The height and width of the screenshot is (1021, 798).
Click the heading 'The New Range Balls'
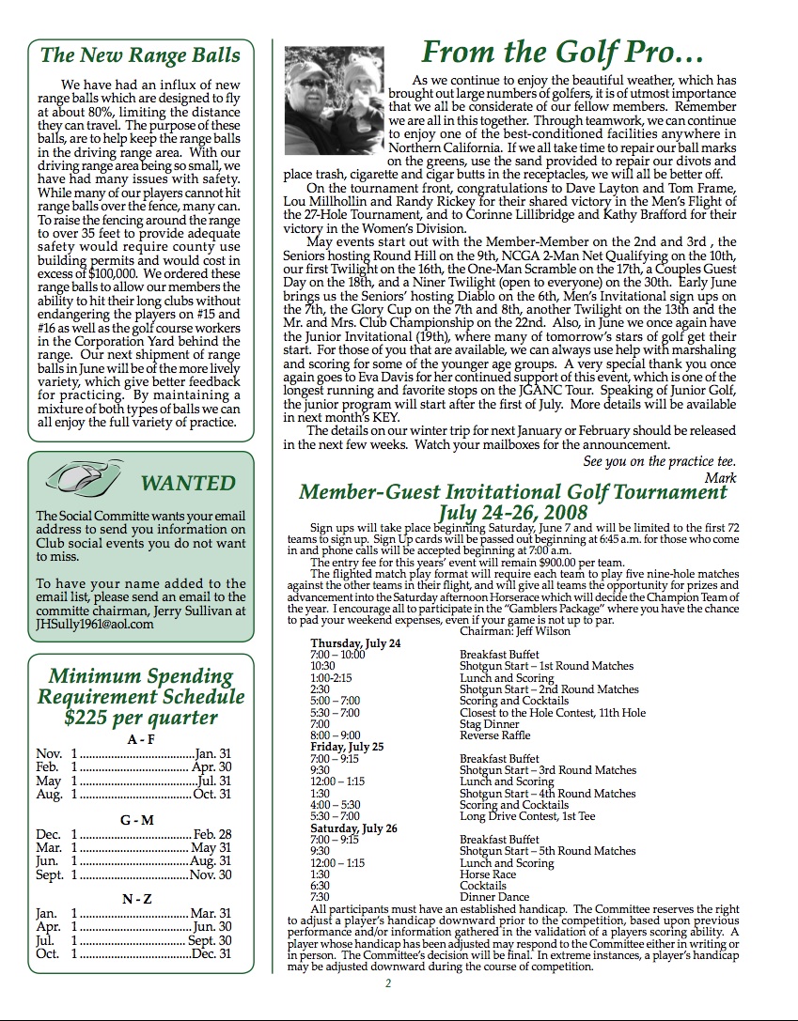pos(140,54)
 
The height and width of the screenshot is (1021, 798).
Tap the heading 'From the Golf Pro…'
pos(562,51)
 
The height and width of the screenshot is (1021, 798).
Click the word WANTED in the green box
pos(188,484)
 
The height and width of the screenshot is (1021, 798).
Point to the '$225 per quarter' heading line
pos(141,719)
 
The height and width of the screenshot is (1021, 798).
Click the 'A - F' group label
pos(140,739)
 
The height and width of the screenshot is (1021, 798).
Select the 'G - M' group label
pos(137,820)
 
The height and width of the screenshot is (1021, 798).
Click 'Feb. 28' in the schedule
pos(212,834)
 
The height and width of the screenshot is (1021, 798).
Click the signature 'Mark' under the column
pos(720,478)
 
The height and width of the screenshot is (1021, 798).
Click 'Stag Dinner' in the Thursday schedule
pos(489,724)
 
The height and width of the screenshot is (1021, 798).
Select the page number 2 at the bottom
pos(387,983)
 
